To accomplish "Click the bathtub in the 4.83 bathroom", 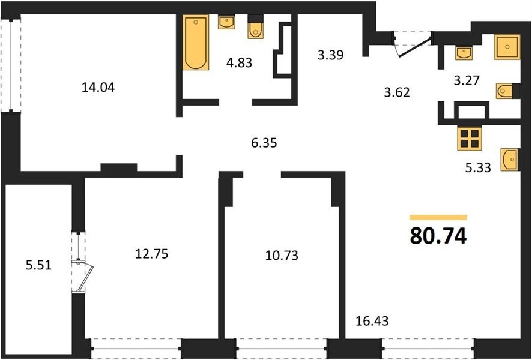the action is (195, 43).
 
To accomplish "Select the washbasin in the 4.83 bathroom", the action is (226, 22).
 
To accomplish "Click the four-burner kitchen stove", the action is (470, 138).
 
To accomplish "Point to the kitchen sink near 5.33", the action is (510, 160).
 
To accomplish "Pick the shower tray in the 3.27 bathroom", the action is (507, 47).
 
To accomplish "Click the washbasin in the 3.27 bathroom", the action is (464, 53).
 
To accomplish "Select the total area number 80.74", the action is (438, 236).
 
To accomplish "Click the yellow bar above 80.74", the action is (438, 217).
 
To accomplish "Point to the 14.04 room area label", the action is (98, 88).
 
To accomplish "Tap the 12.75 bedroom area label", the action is (152, 254).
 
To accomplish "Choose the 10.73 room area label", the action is (282, 255).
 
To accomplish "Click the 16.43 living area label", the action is (372, 320).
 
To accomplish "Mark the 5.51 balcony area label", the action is (38, 265).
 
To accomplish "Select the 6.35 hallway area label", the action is (264, 143).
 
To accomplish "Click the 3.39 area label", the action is (331, 54).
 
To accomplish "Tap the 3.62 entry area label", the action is (397, 92).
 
